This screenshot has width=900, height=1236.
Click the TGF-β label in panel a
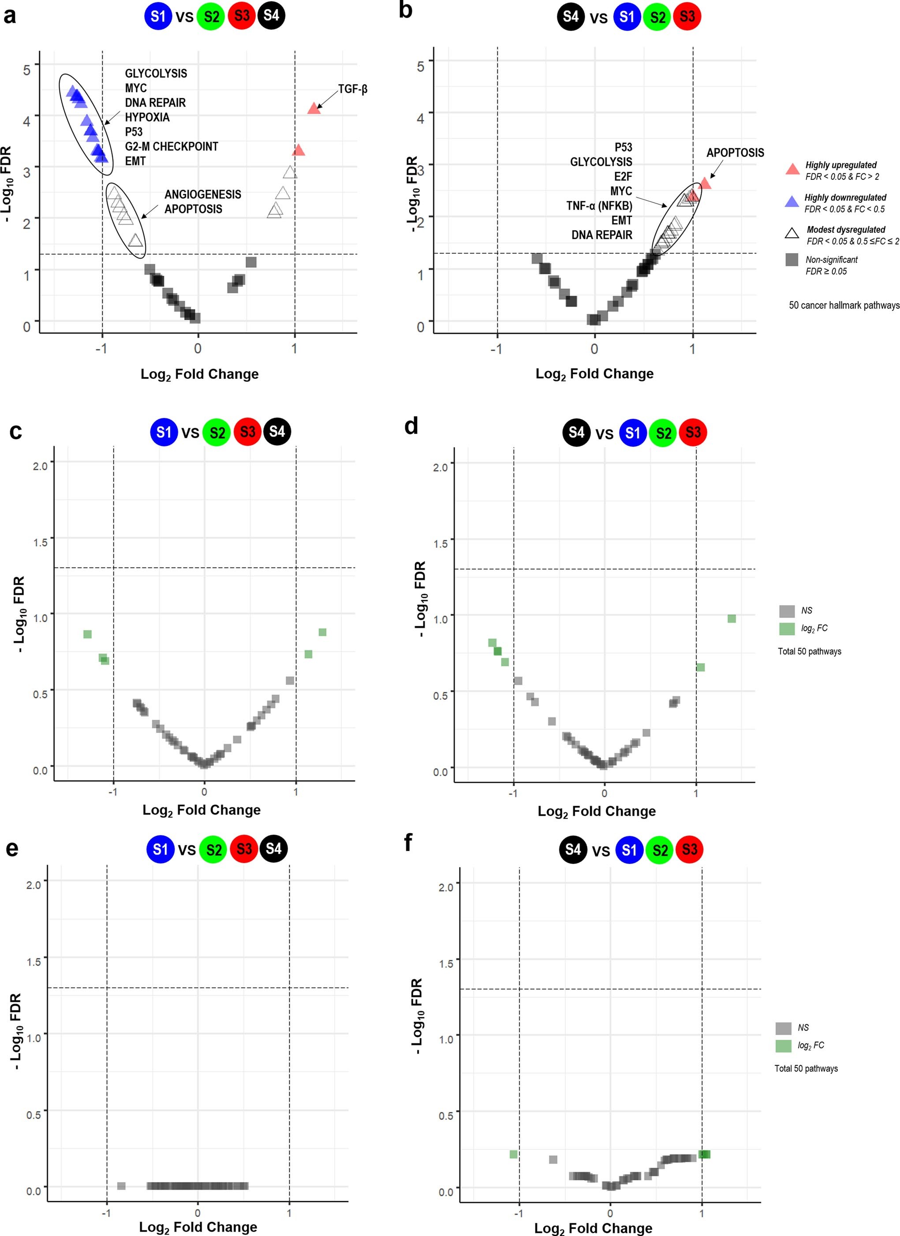[352, 89]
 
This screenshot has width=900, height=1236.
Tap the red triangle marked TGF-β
[314, 108]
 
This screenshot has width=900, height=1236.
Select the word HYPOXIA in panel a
[147, 117]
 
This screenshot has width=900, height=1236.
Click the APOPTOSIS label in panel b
[735, 153]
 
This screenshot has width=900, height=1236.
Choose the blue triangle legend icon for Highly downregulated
[792, 202]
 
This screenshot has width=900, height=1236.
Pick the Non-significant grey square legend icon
[792, 260]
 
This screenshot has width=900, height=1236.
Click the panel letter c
[16, 430]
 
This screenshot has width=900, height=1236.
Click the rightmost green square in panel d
[732, 619]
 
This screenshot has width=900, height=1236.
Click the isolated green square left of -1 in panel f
[513, 1154]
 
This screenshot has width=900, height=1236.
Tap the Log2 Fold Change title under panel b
[594, 374]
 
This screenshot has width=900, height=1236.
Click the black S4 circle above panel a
[271, 15]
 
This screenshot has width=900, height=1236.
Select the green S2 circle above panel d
[663, 433]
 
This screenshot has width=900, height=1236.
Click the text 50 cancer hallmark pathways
[844, 305]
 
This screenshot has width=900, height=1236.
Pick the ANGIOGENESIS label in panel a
[203, 194]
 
